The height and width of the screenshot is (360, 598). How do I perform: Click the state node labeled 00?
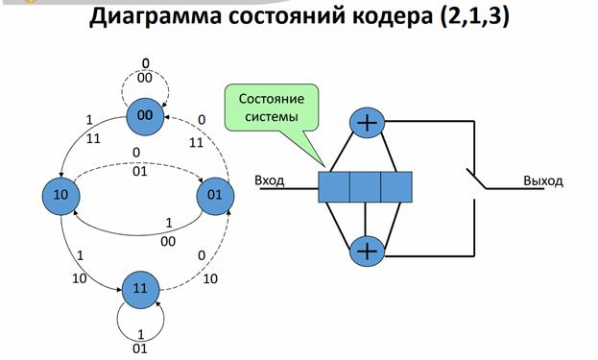pyautogui.click(x=145, y=116)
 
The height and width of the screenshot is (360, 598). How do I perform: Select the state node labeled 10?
pyautogui.click(x=61, y=196)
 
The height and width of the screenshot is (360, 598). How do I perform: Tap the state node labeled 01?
pyautogui.click(x=215, y=196)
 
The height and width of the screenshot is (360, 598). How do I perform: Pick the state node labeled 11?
pyautogui.click(x=141, y=290)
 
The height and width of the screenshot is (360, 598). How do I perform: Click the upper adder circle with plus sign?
pyautogui.click(x=367, y=123)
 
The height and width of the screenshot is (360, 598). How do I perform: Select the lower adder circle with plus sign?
pyautogui.click(x=367, y=251)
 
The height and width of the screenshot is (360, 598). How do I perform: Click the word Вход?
pyautogui.click(x=270, y=180)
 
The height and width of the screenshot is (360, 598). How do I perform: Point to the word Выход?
pyautogui.click(x=542, y=180)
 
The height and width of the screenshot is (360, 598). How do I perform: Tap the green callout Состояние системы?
pyautogui.click(x=272, y=108)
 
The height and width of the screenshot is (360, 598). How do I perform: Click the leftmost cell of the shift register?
pyautogui.click(x=334, y=187)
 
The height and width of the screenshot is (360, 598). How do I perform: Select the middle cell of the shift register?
pyautogui.click(x=366, y=187)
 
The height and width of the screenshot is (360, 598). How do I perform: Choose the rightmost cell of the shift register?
pyautogui.click(x=396, y=187)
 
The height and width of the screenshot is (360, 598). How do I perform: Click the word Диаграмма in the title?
pyautogui.click(x=155, y=16)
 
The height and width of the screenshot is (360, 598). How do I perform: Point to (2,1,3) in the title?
pyautogui.click(x=474, y=16)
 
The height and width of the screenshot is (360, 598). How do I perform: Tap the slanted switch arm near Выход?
pyautogui.click(x=476, y=179)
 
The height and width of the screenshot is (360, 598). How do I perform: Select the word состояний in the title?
pyautogui.click(x=286, y=17)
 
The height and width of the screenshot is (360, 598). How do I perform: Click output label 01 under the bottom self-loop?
pyautogui.click(x=140, y=348)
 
